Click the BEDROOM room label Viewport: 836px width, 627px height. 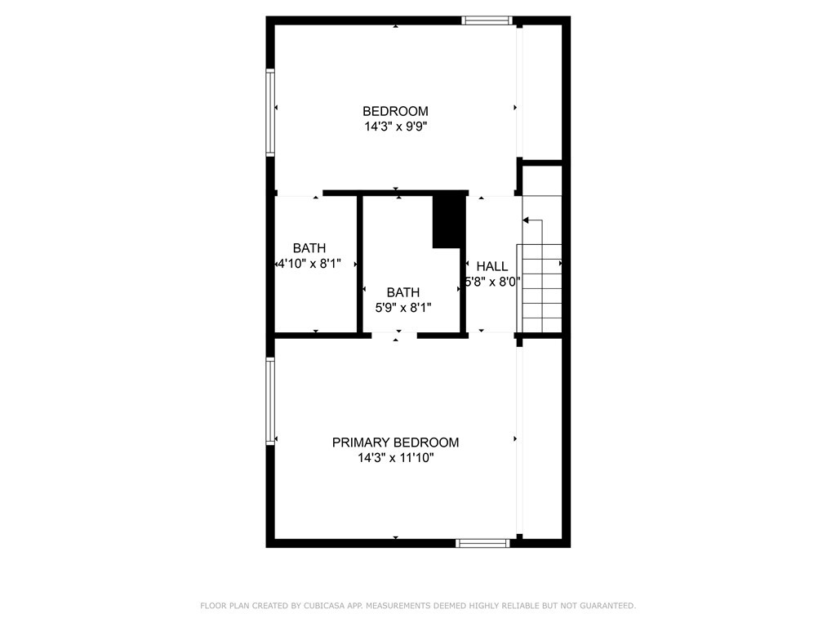(x=395, y=111)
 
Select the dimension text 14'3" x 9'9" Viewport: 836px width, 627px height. (x=395, y=127)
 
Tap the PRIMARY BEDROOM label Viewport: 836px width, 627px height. (x=395, y=442)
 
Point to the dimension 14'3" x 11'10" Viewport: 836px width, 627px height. (x=395, y=458)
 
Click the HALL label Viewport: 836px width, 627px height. (x=492, y=266)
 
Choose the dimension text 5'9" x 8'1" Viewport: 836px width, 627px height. (x=403, y=308)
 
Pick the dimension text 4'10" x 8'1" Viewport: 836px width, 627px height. (x=309, y=264)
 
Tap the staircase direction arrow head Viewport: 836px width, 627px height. (x=526, y=220)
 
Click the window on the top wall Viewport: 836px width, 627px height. (x=487, y=20)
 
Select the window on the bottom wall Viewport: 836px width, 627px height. (x=482, y=543)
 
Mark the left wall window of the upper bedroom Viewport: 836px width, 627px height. (x=270, y=112)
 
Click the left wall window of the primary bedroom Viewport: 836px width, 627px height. (x=270, y=401)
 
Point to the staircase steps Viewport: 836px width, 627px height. (x=540, y=286)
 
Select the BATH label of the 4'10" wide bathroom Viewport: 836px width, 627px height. (x=309, y=248)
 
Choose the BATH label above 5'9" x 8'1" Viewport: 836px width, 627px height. (x=403, y=292)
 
